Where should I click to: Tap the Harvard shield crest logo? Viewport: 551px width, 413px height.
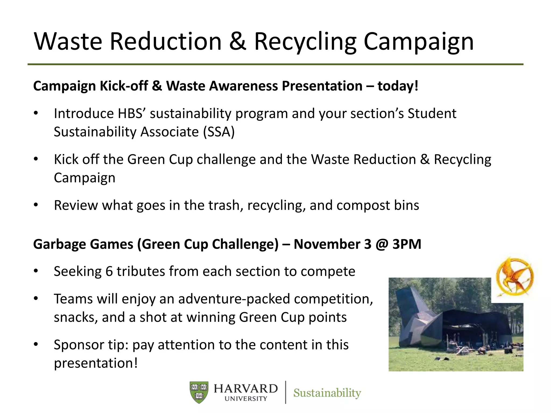pyautogui.click(x=199, y=392)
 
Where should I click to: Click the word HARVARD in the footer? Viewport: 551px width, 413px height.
pyautogui.click(x=246, y=389)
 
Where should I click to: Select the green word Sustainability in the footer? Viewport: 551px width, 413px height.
pyautogui.click(x=327, y=393)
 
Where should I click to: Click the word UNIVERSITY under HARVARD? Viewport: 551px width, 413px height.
pyautogui.click(x=246, y=399)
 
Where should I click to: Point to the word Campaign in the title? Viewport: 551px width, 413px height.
pyautogui.click(x=418, y=42)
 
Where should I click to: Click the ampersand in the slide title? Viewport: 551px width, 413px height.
pyautogui.click(x=238, y=42)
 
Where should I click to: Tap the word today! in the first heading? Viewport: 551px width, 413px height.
pyautogui.click(x=398, y=86)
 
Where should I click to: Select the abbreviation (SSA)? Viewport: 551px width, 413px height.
pyautogui.click(x=219, y=132)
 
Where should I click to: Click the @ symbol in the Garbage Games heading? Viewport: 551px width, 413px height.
pyautogui.click(x=382, y=244)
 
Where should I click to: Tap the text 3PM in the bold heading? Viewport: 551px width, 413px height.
pyautogui.click(x=407, y=244)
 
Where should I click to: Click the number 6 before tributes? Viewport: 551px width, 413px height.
pyautogui.click(x=109, y=271)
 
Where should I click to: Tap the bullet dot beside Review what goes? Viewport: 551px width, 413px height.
pyautogui.click(x=36, y=205)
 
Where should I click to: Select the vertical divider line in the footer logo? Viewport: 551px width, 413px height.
pyautogui.click(x=285, y=392)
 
